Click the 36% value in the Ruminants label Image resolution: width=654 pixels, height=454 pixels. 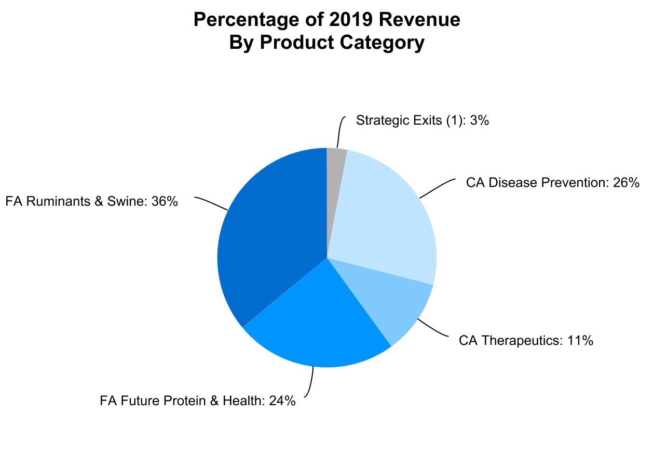click(165, 202)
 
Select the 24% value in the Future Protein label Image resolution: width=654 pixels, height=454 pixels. click(282, 401)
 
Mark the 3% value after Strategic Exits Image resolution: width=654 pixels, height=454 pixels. click(480, 121)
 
